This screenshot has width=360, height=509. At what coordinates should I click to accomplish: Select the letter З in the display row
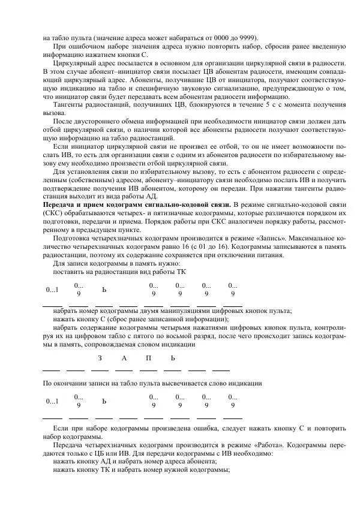point(100,358)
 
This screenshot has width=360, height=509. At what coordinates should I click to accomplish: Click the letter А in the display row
point(124,358)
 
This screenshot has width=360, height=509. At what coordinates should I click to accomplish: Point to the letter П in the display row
point(148,358)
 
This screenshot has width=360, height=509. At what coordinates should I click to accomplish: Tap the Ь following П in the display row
point(173,358)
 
